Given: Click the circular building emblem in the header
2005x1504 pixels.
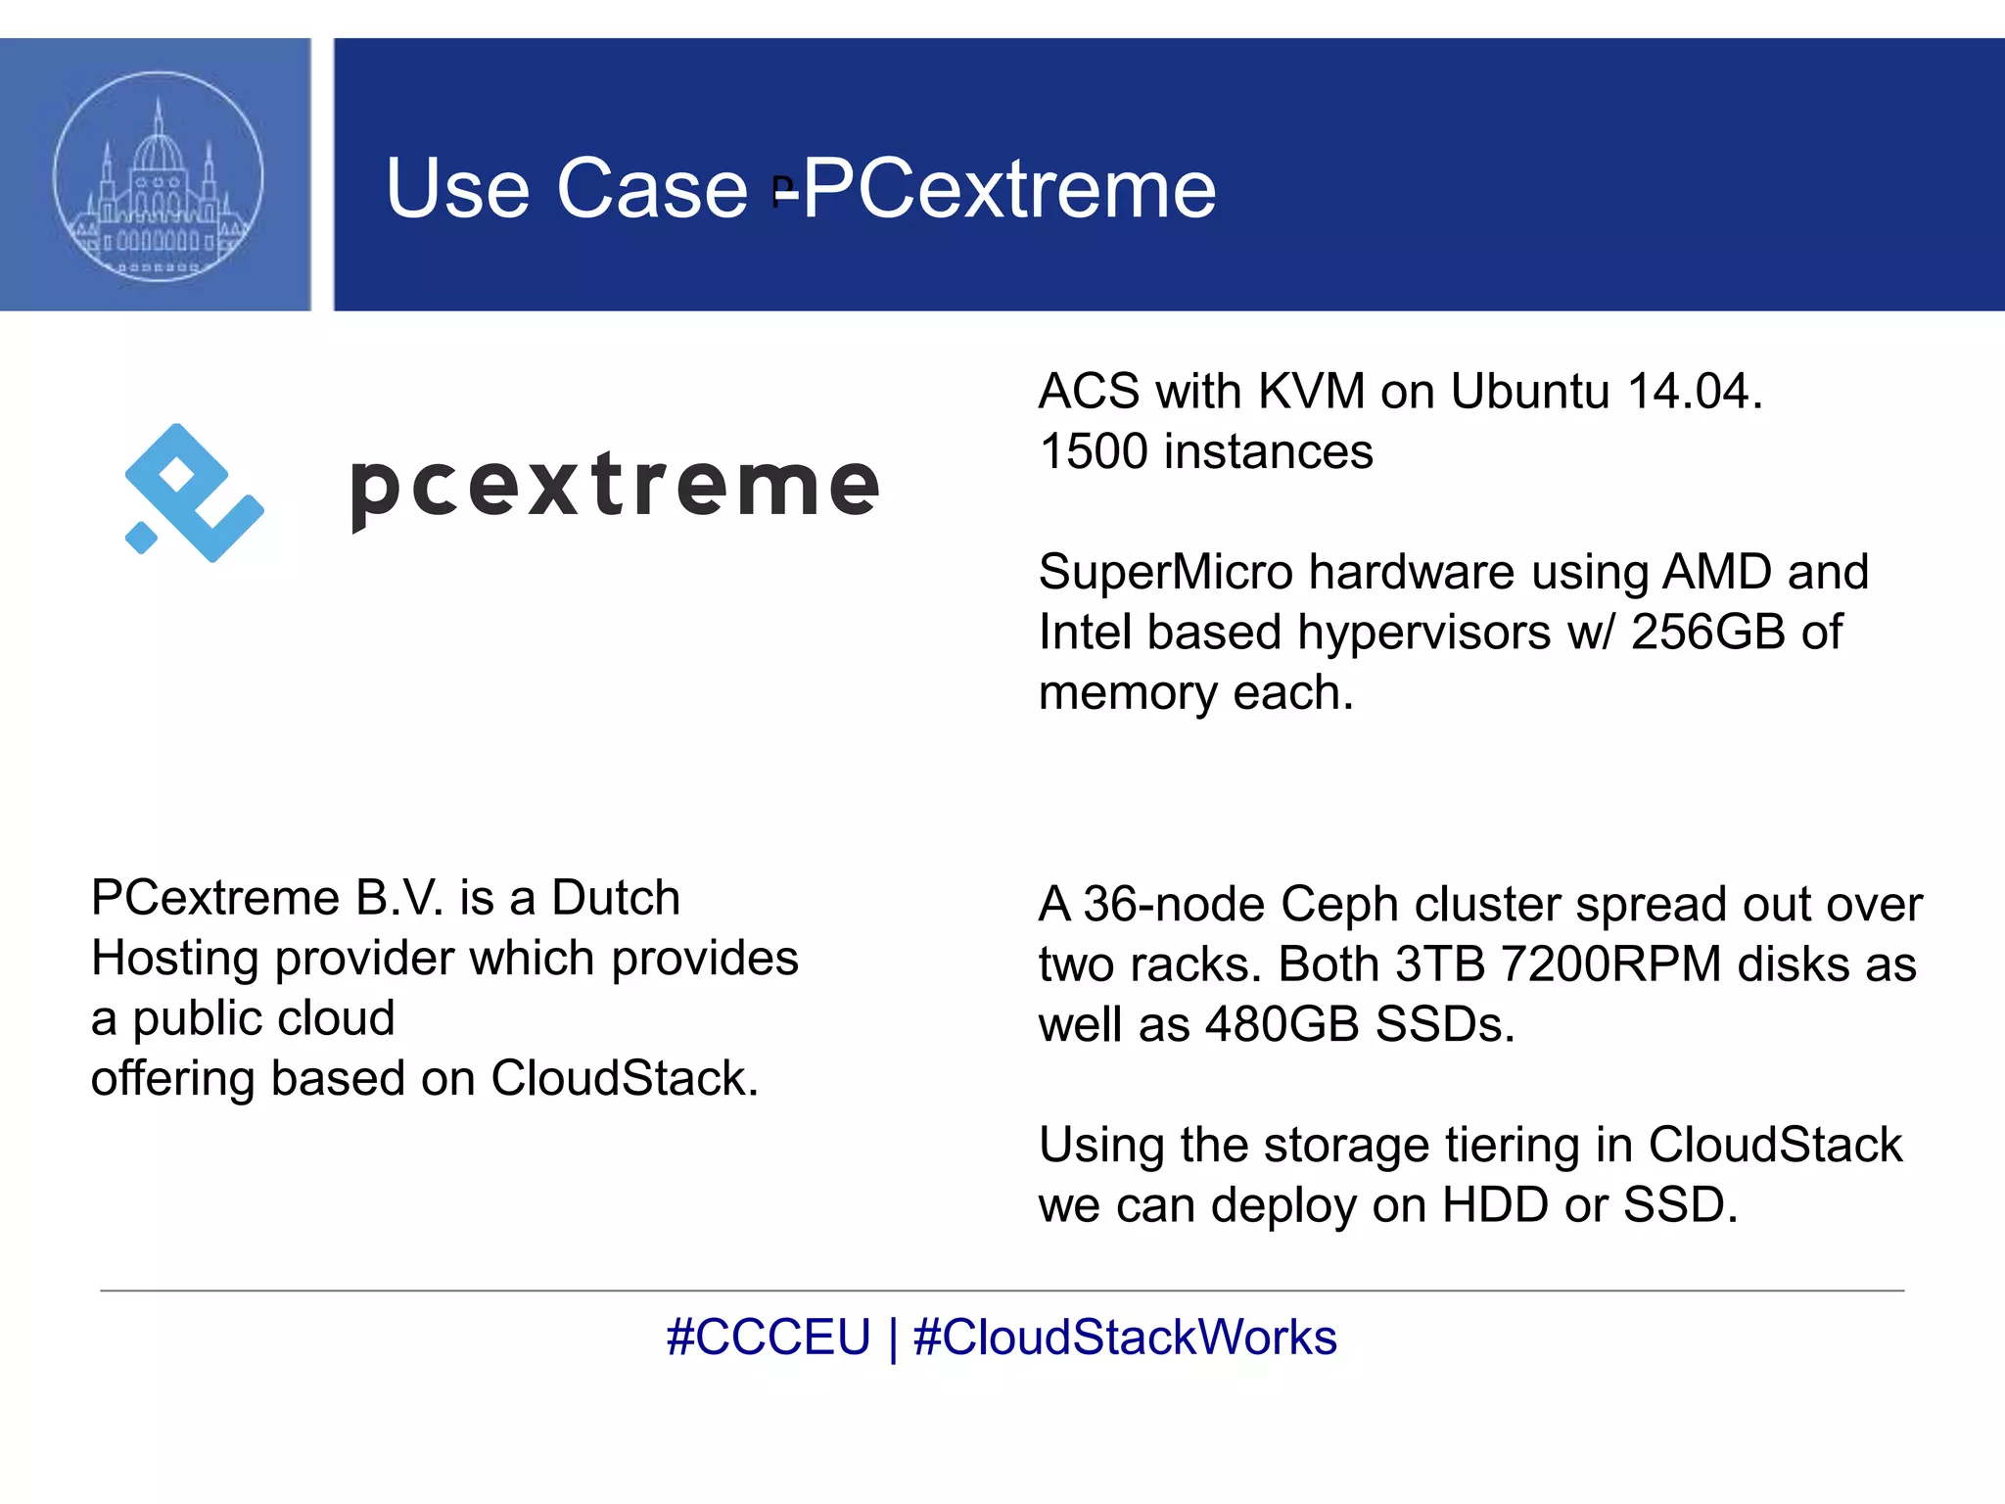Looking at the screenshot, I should pyautogui.click(x=158, y=176).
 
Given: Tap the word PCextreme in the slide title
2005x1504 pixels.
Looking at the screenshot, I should pyautogui.click(x=1009, y=188).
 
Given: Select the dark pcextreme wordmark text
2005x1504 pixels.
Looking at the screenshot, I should pyautogui.click(x=615, y=487).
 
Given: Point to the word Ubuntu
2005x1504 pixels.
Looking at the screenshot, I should pyautogui.click(x=1530, y=392).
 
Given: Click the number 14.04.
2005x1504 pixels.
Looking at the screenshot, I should pyautogui.click(x=1694, y=392).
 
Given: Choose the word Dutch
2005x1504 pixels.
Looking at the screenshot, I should pyautogui.click(x=616, y=898).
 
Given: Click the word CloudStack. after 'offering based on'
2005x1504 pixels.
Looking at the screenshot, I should pyautogui.click(x=625, y=1079).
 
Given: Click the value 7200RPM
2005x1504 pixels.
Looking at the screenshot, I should pyautogui.click(x=1610, y=964).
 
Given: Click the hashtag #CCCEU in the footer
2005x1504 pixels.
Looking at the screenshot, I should pyautogui.click(x=769, y=1338).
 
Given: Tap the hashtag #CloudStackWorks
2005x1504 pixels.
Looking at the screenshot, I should pyautogui.click(x=1125, y=1338).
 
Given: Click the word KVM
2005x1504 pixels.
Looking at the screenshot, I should pyautogui.click(x=1311, y=392).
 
